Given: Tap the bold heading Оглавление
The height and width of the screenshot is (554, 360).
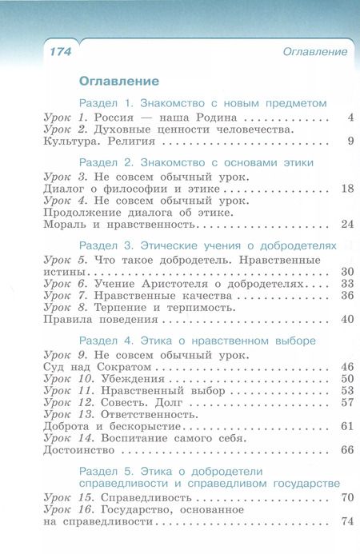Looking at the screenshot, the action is point(119,81).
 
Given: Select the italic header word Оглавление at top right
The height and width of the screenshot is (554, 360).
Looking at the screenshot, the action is point(315,52).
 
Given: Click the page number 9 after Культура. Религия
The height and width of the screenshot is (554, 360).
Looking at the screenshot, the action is point(350,141).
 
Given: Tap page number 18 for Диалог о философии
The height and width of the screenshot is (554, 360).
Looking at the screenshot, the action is point(346,189).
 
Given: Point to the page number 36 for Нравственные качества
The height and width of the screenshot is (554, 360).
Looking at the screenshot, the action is point(346,295).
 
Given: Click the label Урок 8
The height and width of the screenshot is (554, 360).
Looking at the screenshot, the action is point(66,307).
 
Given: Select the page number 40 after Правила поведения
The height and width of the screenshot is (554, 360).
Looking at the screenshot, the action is point(346,319).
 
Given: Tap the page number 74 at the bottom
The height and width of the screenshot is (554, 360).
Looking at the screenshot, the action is point(346,521).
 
